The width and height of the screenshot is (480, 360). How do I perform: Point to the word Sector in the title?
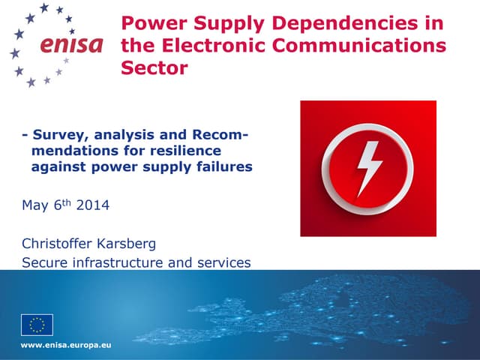point(154,69)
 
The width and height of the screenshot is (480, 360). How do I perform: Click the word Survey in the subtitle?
point(55,136)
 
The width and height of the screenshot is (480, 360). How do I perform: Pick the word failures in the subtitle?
point(220,167)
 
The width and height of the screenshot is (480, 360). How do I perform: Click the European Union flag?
point(37,325)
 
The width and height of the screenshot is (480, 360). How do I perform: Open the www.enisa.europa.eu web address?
point(66,345)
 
